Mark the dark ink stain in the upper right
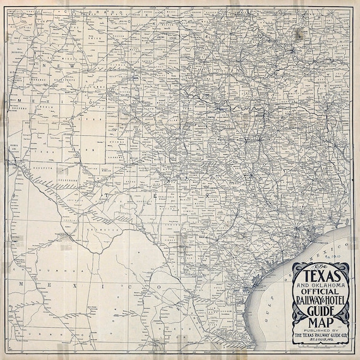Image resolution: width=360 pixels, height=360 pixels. click(x=296, y=35)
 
